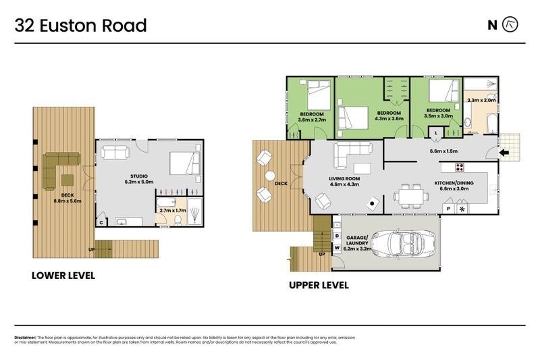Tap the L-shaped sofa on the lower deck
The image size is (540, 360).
(x=59, y=169)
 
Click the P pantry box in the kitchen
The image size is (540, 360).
(x=448, y=209)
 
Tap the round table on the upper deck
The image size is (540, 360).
(x=270, y=176)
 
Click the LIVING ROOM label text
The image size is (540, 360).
(x=344, y=178)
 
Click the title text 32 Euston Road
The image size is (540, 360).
(x=81, y=26)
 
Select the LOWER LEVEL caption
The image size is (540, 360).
(x=63, y=276)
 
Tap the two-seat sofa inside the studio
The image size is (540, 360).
(x=114, y=152)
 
